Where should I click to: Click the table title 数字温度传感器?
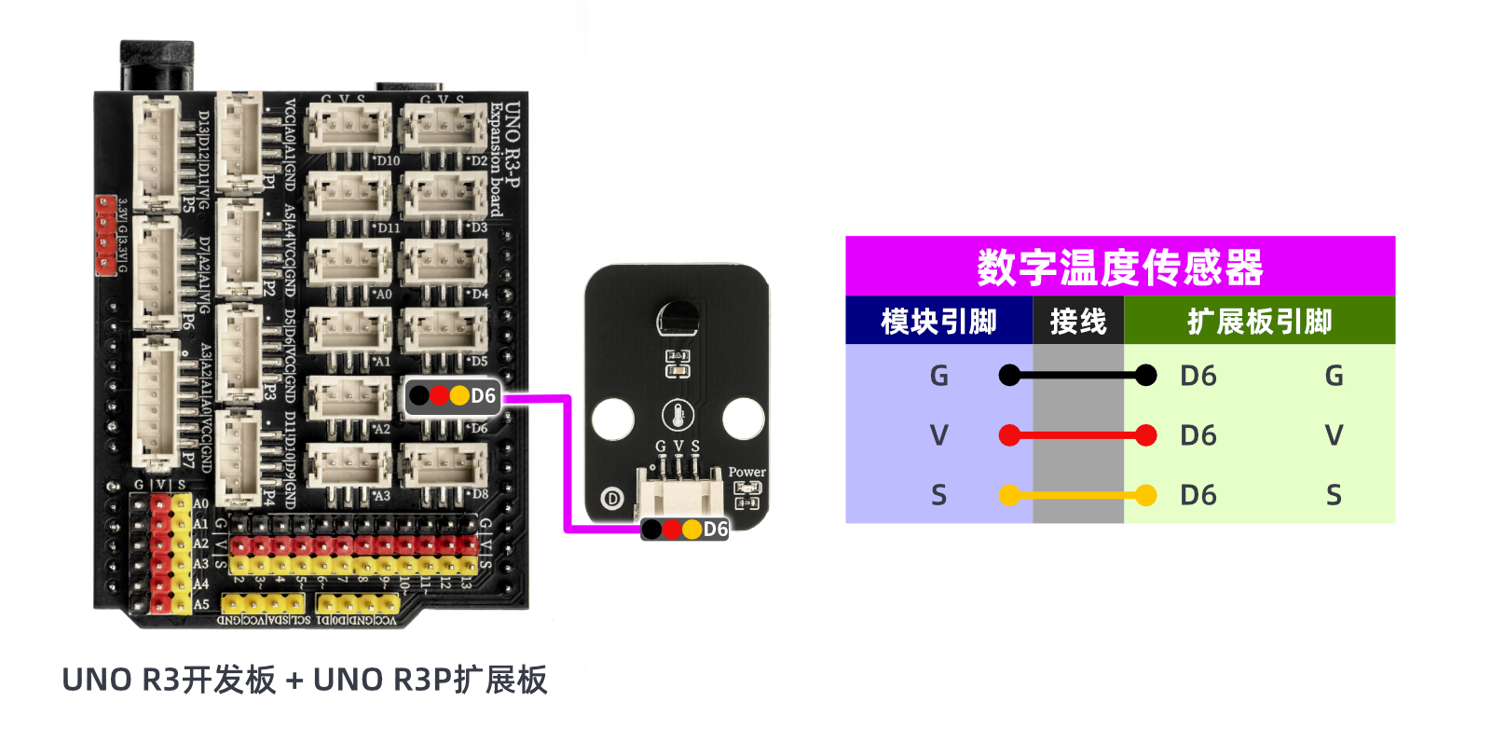point(1119,268)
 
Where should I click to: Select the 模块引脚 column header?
point(938,322)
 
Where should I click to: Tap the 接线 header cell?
point(1078,322)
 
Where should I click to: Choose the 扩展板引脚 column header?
point(1259,322)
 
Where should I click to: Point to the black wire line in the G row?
point(1077,376)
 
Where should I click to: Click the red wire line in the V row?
point(1077,435)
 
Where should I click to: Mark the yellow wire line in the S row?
point(1077,495)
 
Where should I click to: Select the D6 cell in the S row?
point(1198,495)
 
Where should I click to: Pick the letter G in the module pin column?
point(938,376)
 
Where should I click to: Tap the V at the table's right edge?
point(1334,435)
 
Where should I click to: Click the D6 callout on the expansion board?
point(453,396)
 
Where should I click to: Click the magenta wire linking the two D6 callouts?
point(567,466)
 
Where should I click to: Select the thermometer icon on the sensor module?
point(678,415)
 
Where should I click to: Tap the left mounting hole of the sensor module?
point(612,419)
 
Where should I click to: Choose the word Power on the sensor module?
point(746,473)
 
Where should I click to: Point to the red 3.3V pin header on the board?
point(105,235)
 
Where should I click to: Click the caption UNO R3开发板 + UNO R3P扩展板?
point(305,681)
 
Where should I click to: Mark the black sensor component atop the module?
point(678,319)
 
